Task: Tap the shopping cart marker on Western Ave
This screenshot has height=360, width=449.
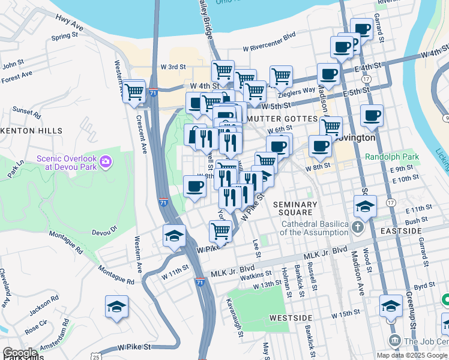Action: point(134,92)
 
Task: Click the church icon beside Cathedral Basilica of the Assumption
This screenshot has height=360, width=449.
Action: point(358,228)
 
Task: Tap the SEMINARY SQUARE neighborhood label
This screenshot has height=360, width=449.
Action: point(294,208)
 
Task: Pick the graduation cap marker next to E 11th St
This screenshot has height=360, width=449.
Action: point(365,207)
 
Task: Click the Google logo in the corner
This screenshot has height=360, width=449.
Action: point(20,353)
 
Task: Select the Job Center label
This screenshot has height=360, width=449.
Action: point(426,341)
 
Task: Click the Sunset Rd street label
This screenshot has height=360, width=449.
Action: point(26,112)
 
